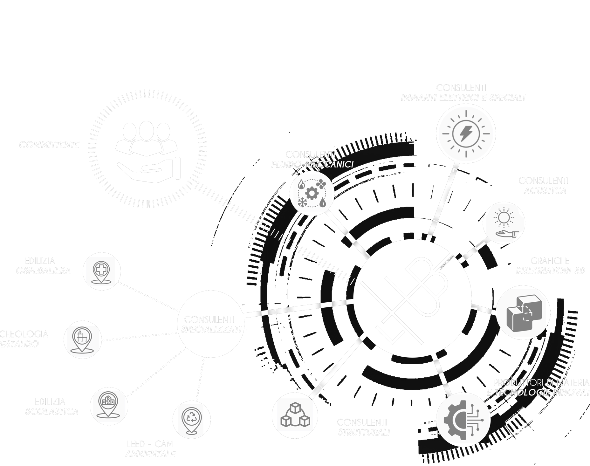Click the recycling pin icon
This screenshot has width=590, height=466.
[x=192, y=419]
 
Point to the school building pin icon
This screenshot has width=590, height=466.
[x=109, y=405]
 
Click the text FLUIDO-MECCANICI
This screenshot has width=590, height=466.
[x=312, y=164]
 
